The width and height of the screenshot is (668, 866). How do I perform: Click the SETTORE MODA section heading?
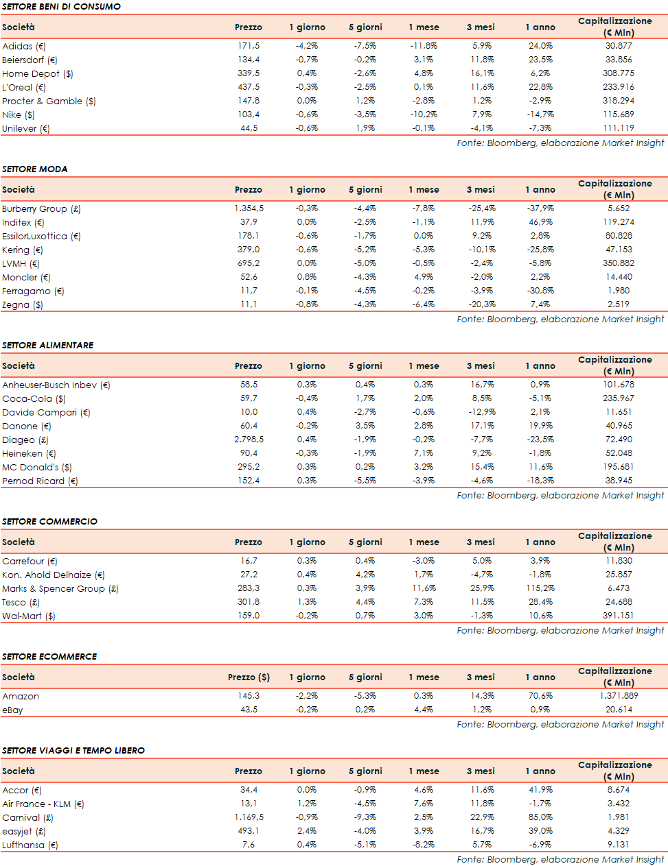click(x=34, y=169)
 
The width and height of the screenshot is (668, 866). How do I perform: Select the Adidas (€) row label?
click(x=24, y=46)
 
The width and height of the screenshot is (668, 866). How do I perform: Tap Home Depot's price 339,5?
click(x=249, y=73)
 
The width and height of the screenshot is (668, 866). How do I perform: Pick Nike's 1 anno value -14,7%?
click(x=540, y=115)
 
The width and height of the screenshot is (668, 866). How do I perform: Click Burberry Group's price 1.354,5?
click(x=249, y=208)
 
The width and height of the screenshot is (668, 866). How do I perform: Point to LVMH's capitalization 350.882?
click(x=618, y=263)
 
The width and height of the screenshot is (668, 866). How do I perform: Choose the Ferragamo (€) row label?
click(x=33, y=291)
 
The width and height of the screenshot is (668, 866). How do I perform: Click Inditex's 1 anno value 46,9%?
click(x=540, y=222)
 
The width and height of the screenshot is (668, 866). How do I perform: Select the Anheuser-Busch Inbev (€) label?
click(x=56, y=385)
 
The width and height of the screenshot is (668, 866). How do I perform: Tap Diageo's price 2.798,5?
click(x=249, y=440)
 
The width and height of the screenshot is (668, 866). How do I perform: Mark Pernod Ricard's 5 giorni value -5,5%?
click(x=365, y=481)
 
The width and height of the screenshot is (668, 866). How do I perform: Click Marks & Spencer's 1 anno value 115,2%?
click(x=540, y=588)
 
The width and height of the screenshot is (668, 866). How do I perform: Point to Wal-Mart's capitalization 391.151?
click(x=618, y=616)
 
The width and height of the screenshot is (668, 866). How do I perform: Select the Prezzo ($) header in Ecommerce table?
click(x=249, y=677)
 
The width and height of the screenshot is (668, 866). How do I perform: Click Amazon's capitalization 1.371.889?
click(x=618, y=696)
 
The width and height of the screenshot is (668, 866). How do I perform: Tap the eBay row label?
click(x=12, y=710)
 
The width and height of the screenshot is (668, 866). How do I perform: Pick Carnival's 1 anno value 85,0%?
click(x=540, y=817)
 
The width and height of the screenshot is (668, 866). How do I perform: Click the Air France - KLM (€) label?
click(x=43, y=804)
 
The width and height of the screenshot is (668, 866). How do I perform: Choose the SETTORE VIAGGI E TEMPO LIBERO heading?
click(x=73, y=750)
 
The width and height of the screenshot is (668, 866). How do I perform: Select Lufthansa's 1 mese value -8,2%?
click(x=424, y=845)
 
